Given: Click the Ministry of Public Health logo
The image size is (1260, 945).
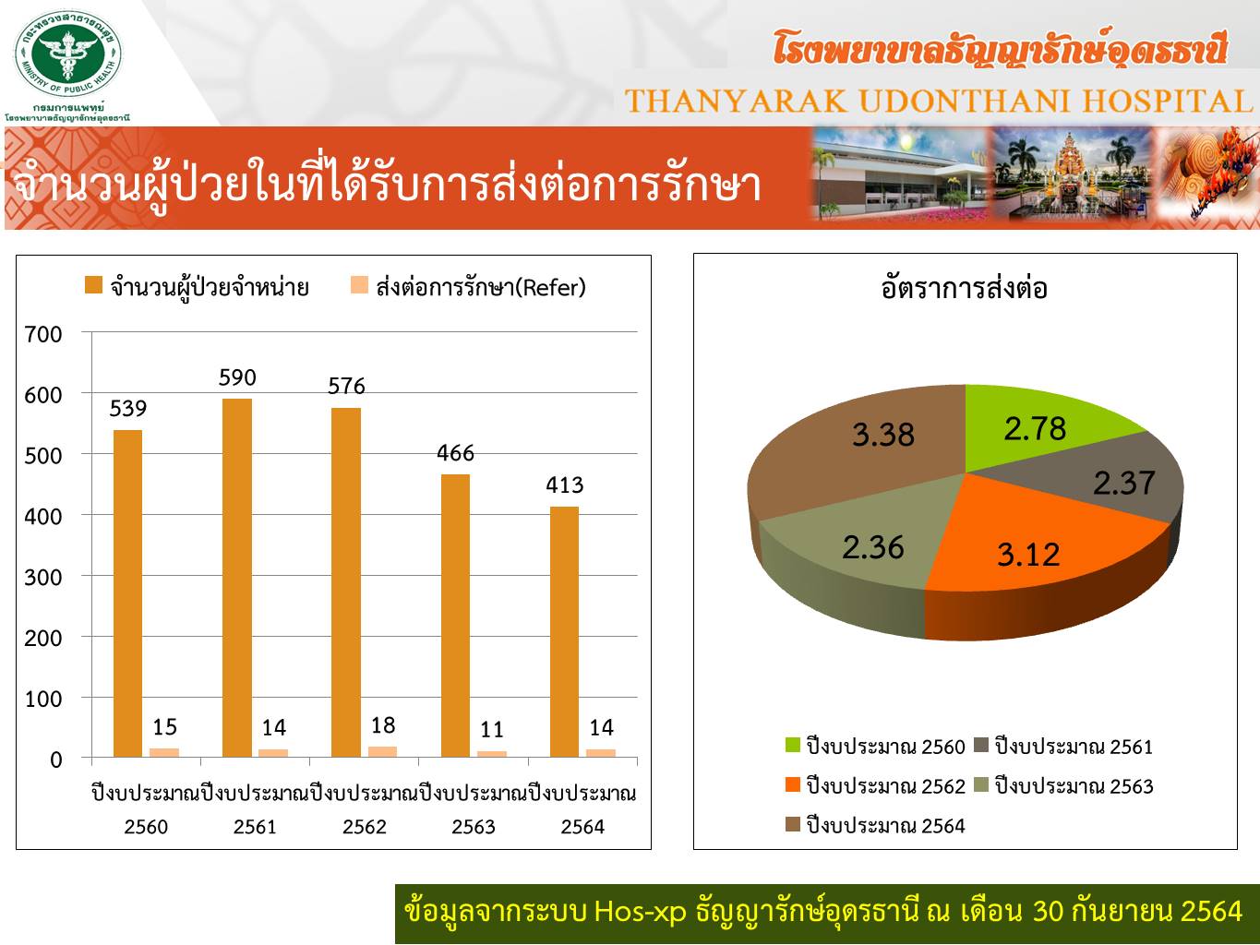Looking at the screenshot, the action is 67,54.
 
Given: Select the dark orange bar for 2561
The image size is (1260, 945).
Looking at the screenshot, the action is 237,578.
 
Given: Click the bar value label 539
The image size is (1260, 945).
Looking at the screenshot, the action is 128,409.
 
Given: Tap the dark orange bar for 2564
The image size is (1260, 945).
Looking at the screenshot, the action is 564,632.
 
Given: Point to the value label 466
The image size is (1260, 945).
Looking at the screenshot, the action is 455,453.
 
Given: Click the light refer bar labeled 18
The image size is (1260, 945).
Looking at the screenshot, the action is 382,751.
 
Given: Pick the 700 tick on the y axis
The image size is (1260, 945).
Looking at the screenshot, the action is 43,334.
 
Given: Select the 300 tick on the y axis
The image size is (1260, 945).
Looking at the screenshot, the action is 43,577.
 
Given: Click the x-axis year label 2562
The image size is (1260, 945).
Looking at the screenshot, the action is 364,827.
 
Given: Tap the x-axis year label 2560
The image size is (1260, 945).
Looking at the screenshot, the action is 146,827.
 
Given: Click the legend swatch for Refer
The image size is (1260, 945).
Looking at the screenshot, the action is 359,285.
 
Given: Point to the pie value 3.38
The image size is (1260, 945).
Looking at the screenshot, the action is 882,435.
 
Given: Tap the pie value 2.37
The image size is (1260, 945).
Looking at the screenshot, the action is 1124,484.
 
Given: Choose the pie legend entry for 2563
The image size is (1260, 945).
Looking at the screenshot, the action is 1064,786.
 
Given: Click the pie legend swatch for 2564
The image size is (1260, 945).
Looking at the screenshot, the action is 792,824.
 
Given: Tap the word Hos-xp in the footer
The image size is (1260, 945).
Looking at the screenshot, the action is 640,911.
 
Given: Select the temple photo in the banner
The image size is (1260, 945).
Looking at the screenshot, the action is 1073,173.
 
